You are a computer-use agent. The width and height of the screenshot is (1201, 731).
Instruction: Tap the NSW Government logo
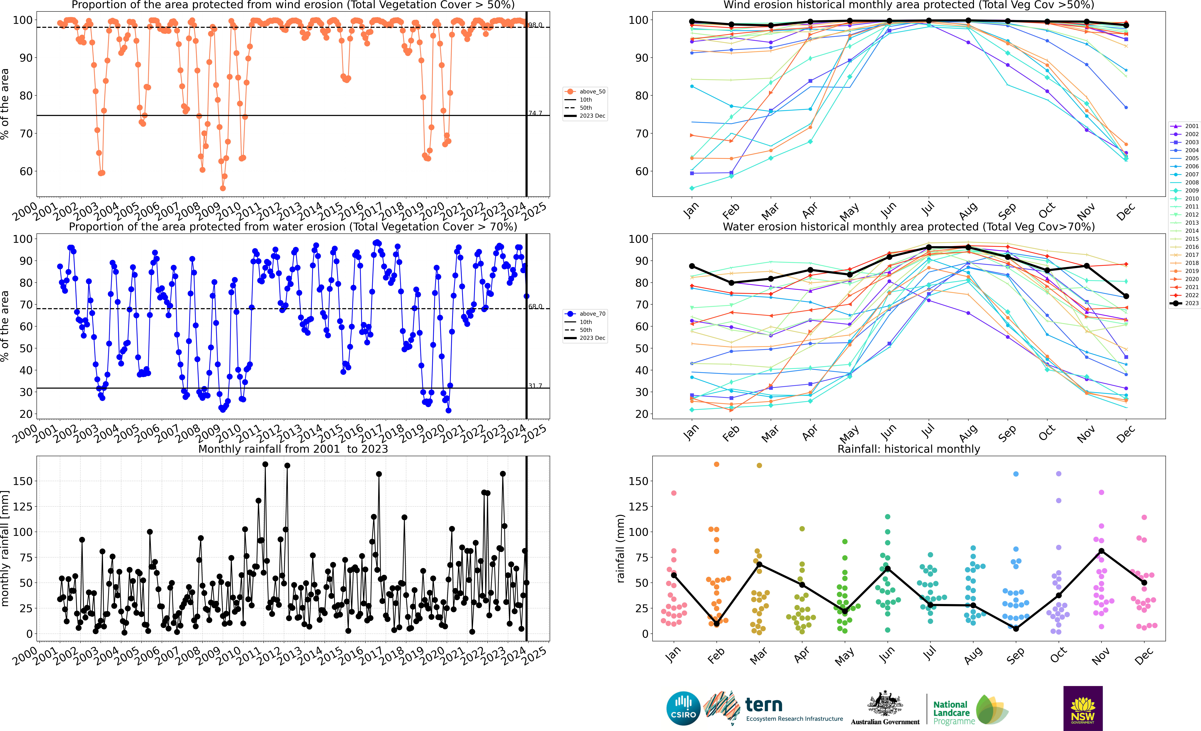coord(1083,708)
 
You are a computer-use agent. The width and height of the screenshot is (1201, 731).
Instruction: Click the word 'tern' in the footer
coord(764,705)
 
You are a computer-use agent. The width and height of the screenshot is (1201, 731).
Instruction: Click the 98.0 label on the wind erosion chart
coord(535,25)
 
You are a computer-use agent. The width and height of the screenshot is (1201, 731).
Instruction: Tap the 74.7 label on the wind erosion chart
coord(535,113)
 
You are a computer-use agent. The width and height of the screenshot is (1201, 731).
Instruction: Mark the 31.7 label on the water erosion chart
coord(535,385)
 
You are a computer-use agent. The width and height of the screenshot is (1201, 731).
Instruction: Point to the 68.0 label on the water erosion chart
coord(535,306)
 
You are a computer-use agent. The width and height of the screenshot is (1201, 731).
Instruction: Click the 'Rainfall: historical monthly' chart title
coord(909,449)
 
